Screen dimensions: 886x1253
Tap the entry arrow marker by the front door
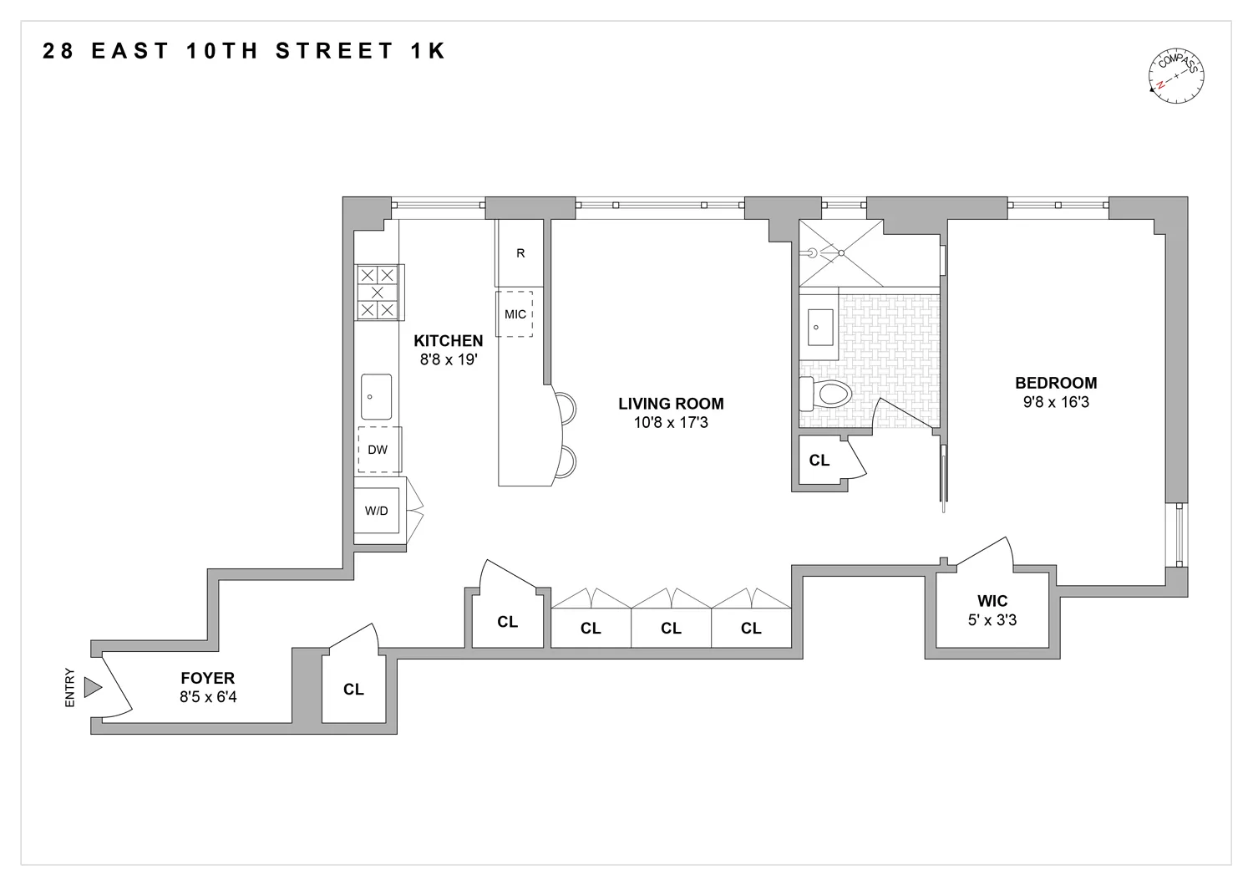tap(93, 687)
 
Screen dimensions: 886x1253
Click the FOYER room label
tap(208, 678)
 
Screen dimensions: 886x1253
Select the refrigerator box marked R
tap(520, 253)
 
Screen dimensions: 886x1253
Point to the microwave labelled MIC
tap(515, 314)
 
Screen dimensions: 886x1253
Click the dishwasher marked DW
tap(378, 450)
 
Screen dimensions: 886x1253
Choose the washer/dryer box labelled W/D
tap(377, 510)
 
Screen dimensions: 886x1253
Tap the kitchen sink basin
tap(376, 397)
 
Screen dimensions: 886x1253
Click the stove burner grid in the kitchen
tap(378, 293)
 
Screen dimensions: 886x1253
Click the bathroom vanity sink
tap(819, 327)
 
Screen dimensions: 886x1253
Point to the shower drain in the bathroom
tap(841, 252)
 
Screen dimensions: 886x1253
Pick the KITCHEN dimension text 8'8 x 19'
tap(449, 359)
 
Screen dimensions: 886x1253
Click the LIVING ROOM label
tap(671, 404)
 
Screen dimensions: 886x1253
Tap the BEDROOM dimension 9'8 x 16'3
tap(1056, 402)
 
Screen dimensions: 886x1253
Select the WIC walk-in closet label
tap(992, 601)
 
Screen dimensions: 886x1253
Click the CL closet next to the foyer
tap(353, 690)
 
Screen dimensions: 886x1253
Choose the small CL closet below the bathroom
tap(819, 461)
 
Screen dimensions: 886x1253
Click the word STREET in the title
tap(333, 51)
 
